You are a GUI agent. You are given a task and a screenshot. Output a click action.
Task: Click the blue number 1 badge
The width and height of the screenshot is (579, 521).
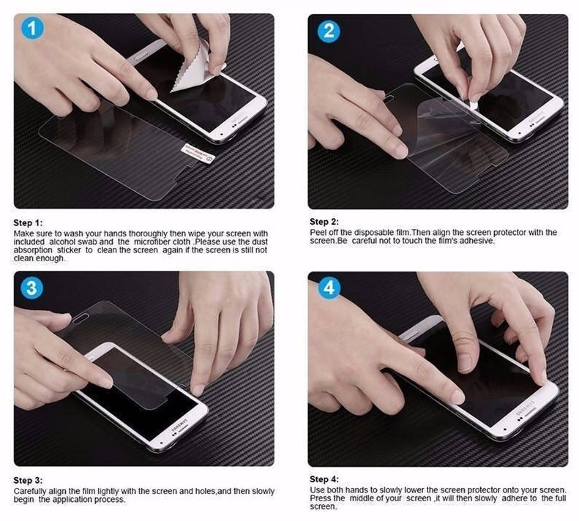(32, 29)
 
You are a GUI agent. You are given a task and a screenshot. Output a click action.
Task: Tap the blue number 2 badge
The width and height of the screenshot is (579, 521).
(329, 31)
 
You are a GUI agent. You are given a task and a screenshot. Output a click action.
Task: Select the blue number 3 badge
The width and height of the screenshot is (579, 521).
(31, 288)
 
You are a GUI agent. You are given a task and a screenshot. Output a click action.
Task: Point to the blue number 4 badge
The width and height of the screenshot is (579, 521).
(329, 287)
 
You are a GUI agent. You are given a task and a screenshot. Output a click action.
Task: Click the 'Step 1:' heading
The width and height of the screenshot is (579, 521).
(28, 222)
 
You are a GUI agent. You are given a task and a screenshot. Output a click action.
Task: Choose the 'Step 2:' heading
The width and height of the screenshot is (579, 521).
(324, 222)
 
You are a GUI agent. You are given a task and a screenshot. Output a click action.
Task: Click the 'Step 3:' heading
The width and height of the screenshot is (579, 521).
(28, 480)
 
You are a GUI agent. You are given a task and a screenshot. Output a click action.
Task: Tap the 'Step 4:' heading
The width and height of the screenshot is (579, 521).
(324, 479)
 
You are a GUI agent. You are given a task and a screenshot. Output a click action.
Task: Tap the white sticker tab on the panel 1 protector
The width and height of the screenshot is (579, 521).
(198, 154)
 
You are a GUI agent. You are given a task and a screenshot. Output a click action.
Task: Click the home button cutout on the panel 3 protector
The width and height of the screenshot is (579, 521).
(81, 318)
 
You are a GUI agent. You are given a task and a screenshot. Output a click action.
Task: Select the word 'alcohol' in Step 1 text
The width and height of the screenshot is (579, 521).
(62, 242)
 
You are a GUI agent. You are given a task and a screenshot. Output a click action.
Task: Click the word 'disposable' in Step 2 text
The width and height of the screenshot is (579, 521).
(372, 233)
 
